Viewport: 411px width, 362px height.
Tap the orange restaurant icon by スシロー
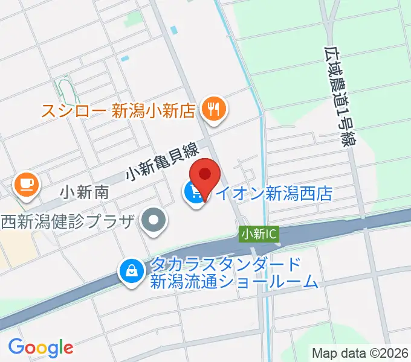click(x=213, y=109)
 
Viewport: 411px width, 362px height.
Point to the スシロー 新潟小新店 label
click(x=118, y=110)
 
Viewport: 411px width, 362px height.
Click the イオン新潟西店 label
click(x=275, y=194)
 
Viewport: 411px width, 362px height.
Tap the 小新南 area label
click(x=85, y=192)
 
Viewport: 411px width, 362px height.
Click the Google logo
click(x=41, y=347)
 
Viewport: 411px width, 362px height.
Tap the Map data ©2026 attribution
click(x=360, y=353)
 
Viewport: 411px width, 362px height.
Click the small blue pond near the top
click(x=175, y=30)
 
